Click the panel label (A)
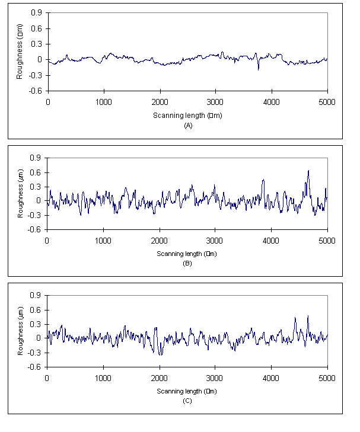click(x=189, y=126)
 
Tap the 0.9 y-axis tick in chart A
click(x=37, y=13)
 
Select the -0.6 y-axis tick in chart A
click(x=36, y=91)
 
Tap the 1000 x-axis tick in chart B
click(x=103, y=241)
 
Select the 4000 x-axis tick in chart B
click(x=271, y=241)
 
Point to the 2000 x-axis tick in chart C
click(x=159, y=377)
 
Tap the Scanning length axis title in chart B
click(x=187, y=254)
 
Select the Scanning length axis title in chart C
click(x=187, y=391)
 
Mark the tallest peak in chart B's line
click(x=308, y=171)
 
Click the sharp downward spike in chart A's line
click(x=258, y=69)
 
